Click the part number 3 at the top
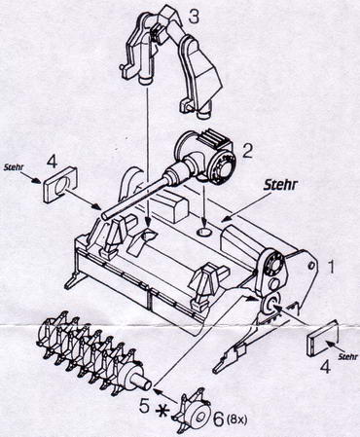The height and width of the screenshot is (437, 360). (x=194, y=17)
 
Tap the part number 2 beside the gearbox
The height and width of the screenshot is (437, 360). (x=247, y=151)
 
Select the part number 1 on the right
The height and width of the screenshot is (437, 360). (x=331, y=267)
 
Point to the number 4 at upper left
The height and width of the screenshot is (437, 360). (x=53, y=162)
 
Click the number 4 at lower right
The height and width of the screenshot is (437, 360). (x=325, y=367)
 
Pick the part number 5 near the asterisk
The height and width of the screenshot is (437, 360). (x=145, y=406)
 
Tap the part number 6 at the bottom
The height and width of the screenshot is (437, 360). (x=218, y=419)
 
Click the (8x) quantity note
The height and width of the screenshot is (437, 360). (x=237, y=420)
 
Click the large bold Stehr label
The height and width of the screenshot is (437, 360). (x=280, y=185)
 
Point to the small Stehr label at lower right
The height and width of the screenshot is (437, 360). (x=347, y=356)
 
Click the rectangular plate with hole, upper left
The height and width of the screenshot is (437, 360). (x=59, y=185)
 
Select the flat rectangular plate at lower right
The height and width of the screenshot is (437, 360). (x=323, y=339)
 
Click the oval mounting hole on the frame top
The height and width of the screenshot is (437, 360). (x=204, y=233)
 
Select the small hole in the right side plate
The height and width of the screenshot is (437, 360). (x=310, y=265)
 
